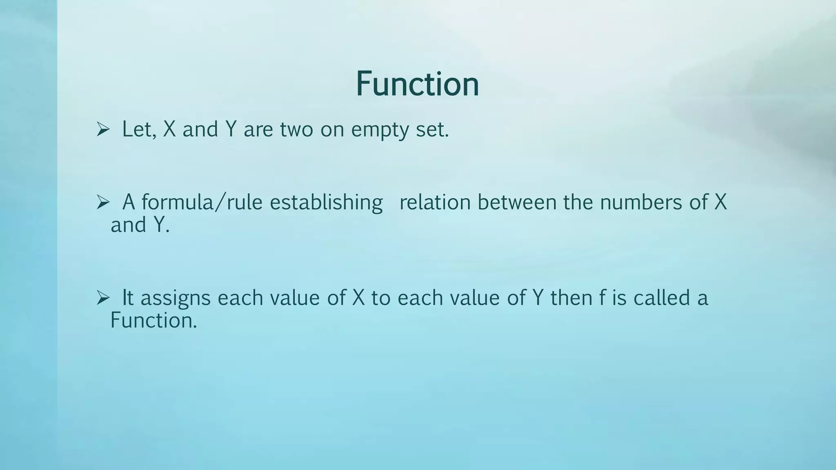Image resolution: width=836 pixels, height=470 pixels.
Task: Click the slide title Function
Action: click(417, 84)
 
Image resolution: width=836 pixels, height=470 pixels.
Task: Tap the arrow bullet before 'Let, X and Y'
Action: click(103, 130)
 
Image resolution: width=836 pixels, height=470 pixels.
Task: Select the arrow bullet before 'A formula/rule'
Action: click(103, 202)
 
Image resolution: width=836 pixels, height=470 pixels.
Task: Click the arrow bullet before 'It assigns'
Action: click(103, 298)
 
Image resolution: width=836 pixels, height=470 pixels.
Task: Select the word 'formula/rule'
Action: click(202, 202)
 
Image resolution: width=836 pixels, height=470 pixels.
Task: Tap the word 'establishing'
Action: click(326, 203)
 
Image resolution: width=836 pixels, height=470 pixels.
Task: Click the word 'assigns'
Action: click(176, 299)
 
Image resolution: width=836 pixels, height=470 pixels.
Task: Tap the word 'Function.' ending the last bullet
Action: click(154, 320)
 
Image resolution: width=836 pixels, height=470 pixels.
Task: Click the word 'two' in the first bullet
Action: click(296, 130)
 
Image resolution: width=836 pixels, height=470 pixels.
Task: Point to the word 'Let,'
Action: click(139, 130)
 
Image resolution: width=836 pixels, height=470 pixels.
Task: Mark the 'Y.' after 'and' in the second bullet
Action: click(162, 225)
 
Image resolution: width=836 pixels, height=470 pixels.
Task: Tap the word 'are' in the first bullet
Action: click(258, 131)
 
